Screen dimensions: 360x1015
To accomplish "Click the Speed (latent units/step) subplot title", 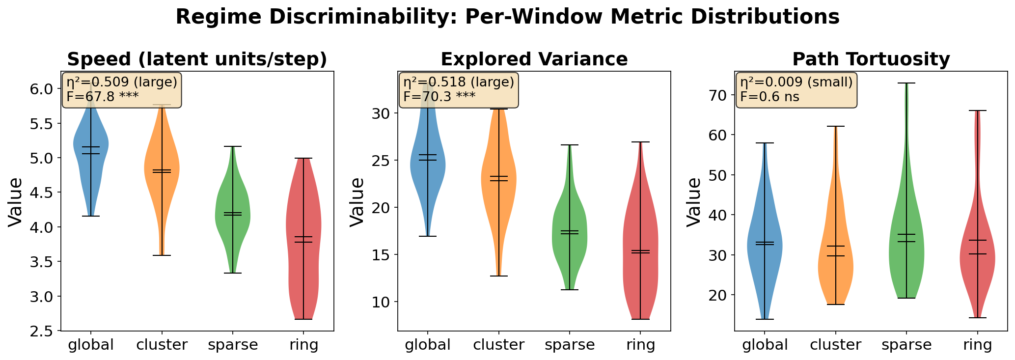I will pos(197,59).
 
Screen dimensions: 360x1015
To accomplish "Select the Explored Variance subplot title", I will pos(534,59).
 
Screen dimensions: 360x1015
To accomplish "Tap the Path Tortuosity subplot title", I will pos(871,59).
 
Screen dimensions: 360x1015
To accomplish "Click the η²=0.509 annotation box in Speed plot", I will pos(122,90).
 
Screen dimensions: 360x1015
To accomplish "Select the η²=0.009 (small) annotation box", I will pos(796,90).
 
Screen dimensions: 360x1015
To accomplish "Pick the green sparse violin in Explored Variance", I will pos(570,231).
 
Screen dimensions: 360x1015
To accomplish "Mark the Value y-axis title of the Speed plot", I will pos(16,201).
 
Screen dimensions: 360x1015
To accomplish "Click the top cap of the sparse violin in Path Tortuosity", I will pos(906,83).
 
